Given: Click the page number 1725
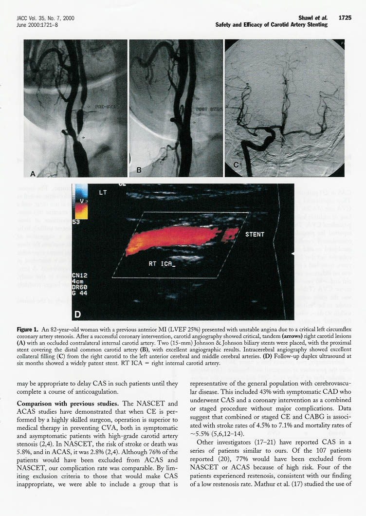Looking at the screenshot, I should [x=345, y=18].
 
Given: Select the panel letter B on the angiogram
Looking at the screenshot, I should [x=139, y=170].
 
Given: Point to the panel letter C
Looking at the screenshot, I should [x=237, y=165].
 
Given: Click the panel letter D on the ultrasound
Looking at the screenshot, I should [x=78, y=314].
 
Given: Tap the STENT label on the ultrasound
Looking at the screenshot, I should [x=255, y=234].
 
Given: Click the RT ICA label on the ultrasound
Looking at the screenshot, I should [x=161, y=264].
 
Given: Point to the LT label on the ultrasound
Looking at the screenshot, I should [x=103, y=193].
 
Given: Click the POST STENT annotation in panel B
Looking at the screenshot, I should [x=209, y=110].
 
